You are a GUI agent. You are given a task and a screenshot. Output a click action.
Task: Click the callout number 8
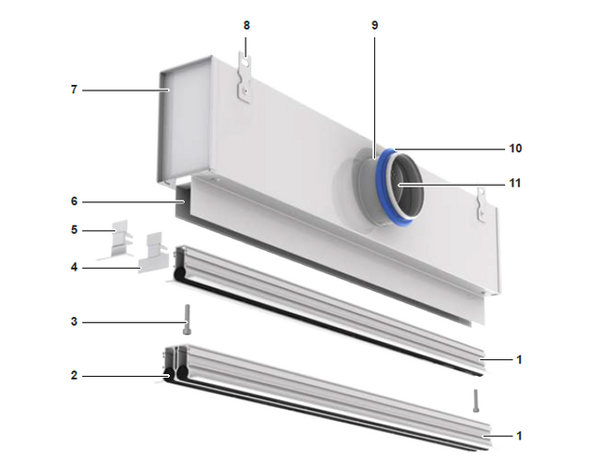[246, 25]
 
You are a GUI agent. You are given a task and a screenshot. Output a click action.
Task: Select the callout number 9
[375, 25]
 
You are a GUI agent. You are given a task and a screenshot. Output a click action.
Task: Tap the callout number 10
[515, 148]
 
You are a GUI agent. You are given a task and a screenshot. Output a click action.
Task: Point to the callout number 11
[515, 184]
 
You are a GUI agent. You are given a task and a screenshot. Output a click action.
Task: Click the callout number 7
[74, 90]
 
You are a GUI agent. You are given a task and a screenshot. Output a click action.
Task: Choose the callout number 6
[75, 202]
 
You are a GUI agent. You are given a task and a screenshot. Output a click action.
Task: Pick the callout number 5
[75, 229]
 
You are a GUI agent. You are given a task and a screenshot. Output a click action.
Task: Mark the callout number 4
[75, 268]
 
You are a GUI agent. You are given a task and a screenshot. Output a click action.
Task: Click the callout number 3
[75, 322]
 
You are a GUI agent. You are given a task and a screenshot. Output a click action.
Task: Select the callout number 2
[75, 376]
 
